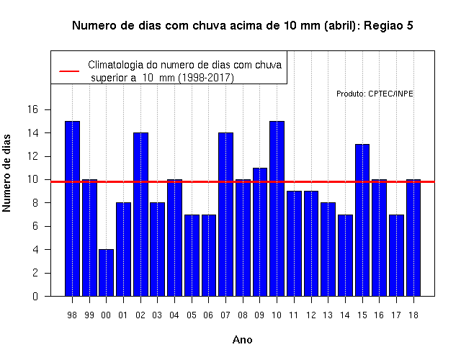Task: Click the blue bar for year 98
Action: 72,208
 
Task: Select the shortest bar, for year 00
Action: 106,273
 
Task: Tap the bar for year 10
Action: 277,208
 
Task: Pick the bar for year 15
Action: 362,220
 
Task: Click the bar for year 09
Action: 260,232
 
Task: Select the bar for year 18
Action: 413,238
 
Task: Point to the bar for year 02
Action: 141,215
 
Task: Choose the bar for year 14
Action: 345,256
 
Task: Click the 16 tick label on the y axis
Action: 32,109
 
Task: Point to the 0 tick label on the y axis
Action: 35,296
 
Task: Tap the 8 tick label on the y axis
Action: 35,203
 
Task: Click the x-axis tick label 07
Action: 225,315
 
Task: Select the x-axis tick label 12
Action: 311,315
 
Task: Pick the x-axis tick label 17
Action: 396,315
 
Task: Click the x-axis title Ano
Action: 243,340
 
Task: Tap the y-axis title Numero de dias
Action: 6,174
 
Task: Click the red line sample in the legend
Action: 69,71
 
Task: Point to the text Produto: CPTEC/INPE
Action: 375,94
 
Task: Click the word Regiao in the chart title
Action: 382,26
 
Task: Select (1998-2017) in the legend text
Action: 207,78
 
